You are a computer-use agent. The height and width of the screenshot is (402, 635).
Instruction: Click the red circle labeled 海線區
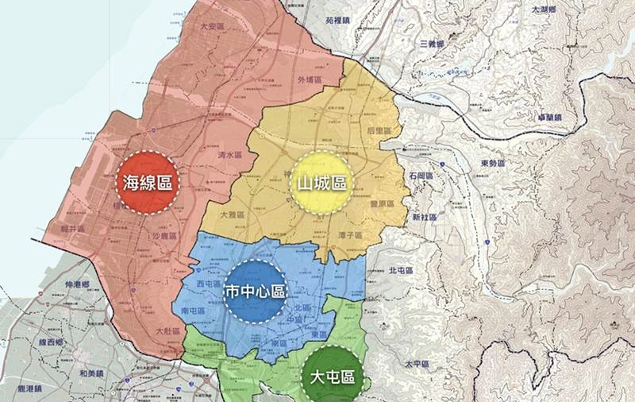(x=148, y=183)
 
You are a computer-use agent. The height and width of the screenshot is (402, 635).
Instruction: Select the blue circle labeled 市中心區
(x=255, y=291)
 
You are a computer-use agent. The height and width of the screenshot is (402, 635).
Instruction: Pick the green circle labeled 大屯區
(x=333, y=376)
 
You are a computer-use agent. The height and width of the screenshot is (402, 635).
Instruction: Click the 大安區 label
(x=213, y=26)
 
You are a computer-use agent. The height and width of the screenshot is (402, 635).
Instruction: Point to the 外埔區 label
(x=307, y=80)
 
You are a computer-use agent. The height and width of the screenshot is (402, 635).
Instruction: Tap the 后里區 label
(x=376, y=129)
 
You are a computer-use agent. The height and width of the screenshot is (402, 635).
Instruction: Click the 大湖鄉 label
(x=545, y=10)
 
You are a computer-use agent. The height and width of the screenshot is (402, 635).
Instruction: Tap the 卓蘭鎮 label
(x=548, y=118)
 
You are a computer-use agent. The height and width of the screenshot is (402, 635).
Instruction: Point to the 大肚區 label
(x=168, y=330)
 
